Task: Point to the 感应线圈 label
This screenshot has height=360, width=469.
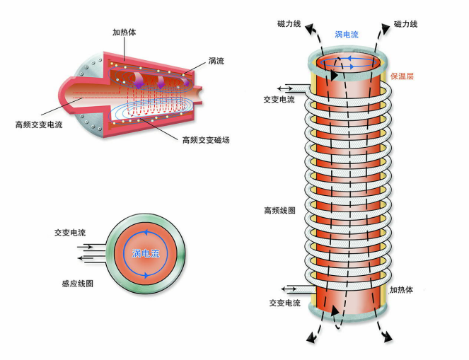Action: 77,283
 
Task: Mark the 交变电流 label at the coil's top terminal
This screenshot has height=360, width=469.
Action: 279,100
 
